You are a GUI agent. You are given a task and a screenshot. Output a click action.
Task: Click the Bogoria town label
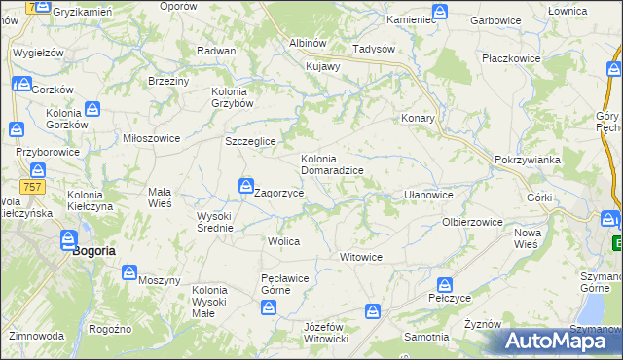[x=94, y=250]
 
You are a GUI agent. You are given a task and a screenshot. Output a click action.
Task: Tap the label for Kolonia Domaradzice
[x=332, y=164]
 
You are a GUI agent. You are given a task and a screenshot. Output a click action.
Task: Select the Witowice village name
[x=360, y=257]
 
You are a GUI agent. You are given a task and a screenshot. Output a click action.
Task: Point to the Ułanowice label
[x=428, y=195]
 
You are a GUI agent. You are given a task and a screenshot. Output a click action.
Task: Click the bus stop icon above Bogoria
[x=68, y=238]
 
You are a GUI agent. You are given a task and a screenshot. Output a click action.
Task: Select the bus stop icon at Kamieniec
[x=441, y=12]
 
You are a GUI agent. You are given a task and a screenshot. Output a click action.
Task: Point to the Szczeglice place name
[x=251, y=141]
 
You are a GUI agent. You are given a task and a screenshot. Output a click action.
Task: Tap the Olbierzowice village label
[x=472, y=222]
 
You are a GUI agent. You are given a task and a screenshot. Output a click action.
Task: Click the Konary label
[x=418, y=118]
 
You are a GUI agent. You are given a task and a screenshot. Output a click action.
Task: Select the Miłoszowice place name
[x=151, y=138]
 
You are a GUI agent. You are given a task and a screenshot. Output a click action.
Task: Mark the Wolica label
[x=283, y=240]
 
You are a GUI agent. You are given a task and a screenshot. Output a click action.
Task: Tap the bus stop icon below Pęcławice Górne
[x=269, y=308]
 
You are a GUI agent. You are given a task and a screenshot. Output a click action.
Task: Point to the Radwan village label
[x=216, y=51]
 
